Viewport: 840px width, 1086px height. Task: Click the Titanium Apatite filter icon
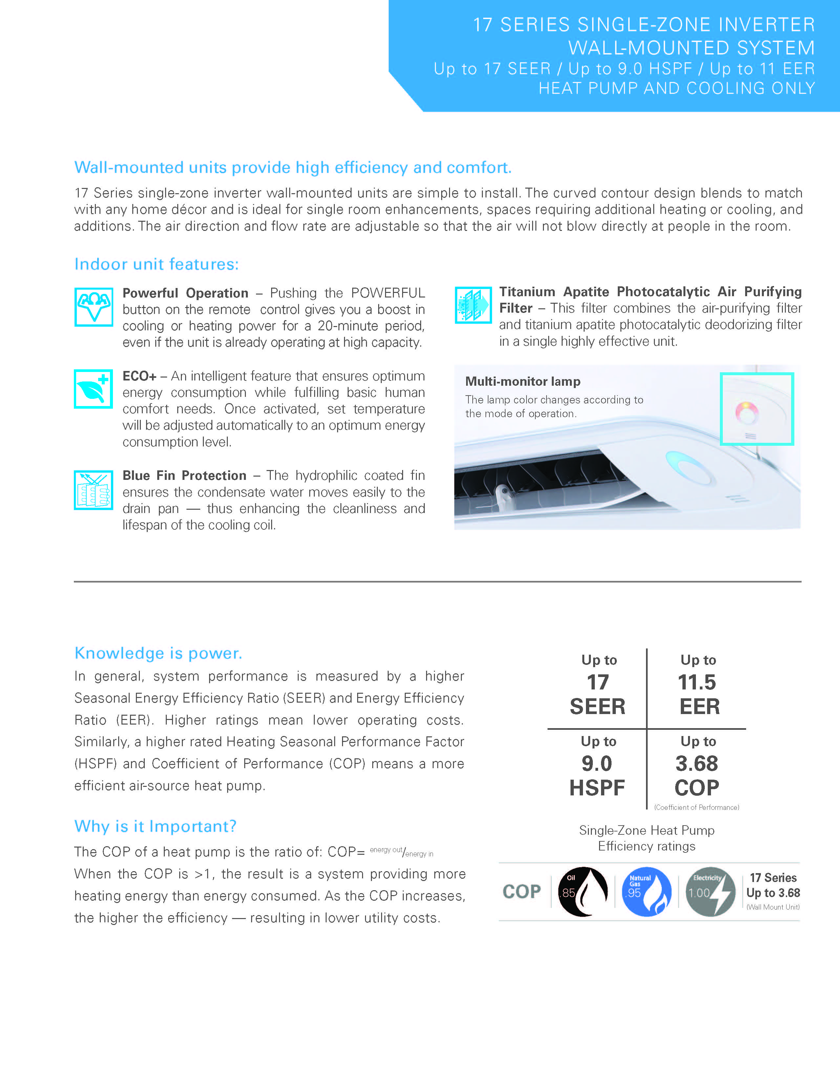(x=473, y=305)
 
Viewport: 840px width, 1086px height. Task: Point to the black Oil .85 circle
(x=583, y=891)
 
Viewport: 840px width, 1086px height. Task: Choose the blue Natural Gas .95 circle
(x=646, y=891)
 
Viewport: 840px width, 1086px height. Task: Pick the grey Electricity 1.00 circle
(x=710, y=891)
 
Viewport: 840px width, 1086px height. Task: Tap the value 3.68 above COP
(x=697, y=763)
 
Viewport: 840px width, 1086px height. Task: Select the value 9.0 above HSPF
(x=597, y=763)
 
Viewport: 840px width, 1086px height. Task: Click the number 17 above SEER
(x=598, y=682)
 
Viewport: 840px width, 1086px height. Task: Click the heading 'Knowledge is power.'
(x=158, y=653)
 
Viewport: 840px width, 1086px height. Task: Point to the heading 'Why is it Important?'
(x=155, y=826)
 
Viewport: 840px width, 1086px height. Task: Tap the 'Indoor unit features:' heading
(x=156, y=264)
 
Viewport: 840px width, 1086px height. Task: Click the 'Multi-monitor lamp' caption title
(x=523, y=381)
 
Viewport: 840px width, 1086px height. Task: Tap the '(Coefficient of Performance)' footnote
(x=697, y=807)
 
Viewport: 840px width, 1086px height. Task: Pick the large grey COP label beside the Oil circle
(x=522, y=891)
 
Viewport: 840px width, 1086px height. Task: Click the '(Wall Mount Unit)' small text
(x=773, y=907)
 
